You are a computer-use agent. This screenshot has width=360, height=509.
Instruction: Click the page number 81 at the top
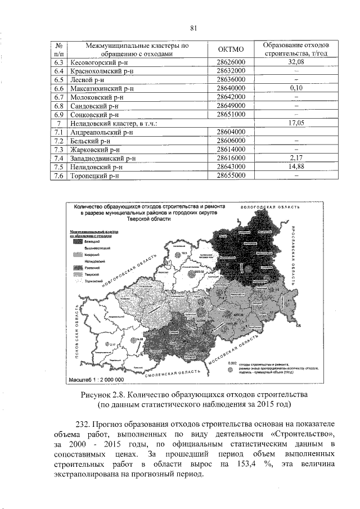click(x=193, y=28)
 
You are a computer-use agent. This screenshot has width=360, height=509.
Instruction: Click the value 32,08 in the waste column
click(x=296, y=61)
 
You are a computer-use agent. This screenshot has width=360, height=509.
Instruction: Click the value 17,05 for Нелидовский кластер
click(x=296, y=123)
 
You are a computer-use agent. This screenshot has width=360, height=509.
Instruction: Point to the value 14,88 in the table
click(x=296, y=167)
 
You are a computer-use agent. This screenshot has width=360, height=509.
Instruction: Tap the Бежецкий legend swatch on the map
click(x=77, y=241)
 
